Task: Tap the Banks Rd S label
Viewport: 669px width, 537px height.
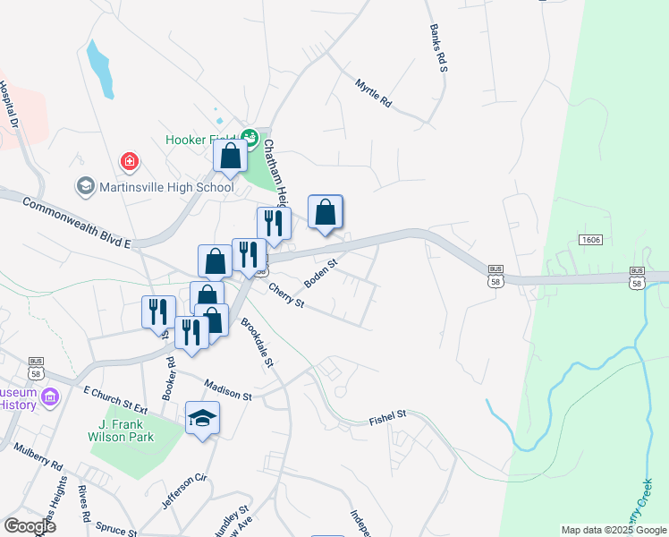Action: pos(437,48)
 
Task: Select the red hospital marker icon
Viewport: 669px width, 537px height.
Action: pos(130,162)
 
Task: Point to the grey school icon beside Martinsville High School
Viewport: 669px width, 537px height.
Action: pos(86,186)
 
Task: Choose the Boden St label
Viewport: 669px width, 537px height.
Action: pos(319,273)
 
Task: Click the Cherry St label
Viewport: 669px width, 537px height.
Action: pos(287,296)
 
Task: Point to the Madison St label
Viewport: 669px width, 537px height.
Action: pos(228,389)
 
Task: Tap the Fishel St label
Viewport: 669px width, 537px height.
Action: pos(388,415)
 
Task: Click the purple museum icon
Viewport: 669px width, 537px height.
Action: pos(50,396)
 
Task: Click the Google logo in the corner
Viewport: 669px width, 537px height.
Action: pos(30,526)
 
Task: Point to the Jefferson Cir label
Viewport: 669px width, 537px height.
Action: pos(184,490)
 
